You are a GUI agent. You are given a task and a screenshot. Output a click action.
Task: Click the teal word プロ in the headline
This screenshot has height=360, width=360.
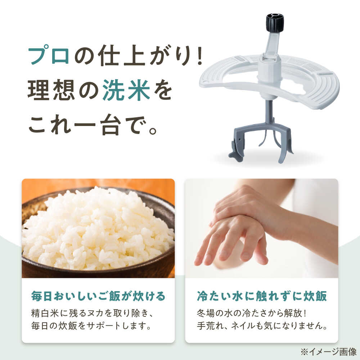point(49,55)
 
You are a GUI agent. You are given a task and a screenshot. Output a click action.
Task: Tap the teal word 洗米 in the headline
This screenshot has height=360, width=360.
point(126,90)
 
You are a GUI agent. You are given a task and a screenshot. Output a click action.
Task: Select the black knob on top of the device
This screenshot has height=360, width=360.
point(275,22)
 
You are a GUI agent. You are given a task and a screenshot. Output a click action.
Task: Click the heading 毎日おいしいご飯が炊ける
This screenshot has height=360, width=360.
point(98,296)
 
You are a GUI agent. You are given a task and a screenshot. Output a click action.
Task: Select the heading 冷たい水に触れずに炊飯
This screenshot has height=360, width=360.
point(262,296)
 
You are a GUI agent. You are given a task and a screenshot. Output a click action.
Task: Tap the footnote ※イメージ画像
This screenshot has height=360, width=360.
point(328,351)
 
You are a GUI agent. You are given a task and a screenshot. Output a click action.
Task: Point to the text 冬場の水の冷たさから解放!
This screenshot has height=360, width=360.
point(252,313)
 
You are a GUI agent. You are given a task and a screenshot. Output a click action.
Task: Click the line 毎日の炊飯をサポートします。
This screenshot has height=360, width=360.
point(91,326)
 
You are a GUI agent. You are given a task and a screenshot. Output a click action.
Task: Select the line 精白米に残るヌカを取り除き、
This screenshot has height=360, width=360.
point(92,313)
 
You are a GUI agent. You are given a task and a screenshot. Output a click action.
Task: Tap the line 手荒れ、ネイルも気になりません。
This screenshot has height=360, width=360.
point(262,326)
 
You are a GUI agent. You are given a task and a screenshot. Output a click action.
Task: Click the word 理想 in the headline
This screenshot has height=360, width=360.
point(51,90)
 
